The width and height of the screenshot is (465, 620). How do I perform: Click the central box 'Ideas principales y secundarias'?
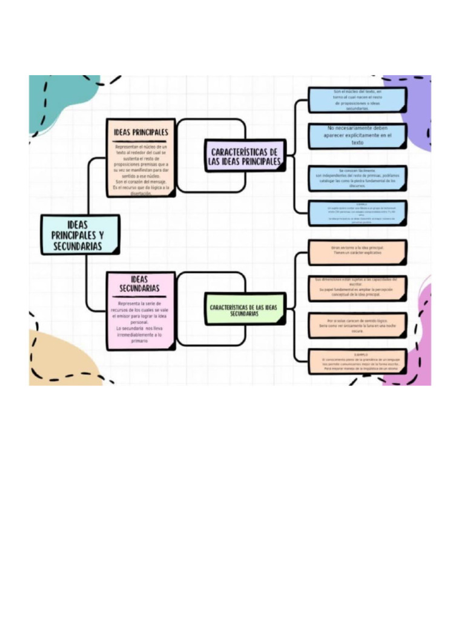79,234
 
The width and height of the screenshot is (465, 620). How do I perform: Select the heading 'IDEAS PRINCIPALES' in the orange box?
140,131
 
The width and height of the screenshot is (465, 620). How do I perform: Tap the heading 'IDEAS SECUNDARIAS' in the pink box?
140,283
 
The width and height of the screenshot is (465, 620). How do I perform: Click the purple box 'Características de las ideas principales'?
245,156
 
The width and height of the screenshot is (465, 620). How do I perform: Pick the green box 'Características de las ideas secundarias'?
244,310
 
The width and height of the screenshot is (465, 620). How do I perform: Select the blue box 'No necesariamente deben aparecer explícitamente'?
357,136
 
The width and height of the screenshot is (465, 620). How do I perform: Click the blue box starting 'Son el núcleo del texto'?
357,100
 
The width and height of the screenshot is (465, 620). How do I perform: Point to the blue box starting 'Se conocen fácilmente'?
357,178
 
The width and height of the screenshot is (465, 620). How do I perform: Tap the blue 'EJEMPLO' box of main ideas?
357,213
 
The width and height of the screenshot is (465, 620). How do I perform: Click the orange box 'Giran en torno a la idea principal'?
357,251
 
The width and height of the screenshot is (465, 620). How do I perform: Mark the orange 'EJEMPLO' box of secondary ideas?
357,361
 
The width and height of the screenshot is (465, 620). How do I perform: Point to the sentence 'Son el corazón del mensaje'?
141,182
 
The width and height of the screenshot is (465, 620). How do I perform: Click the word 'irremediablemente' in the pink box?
134,335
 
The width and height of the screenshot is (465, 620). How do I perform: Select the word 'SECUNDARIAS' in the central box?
77,246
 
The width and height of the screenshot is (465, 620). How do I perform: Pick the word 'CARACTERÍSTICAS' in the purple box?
244,151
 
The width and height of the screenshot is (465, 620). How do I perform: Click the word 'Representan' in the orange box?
127,147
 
